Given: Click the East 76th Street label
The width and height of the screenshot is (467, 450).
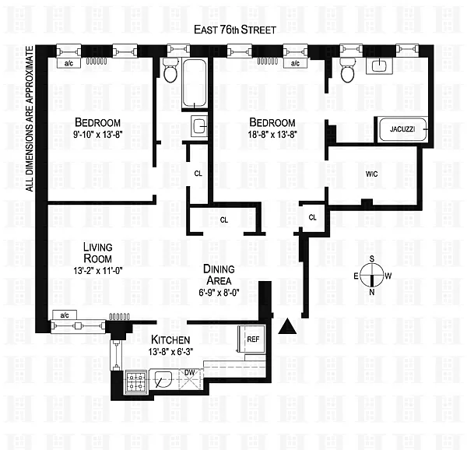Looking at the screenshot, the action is click(x=235, y=30).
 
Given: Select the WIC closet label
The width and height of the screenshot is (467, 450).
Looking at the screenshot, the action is click(x=372, y=174).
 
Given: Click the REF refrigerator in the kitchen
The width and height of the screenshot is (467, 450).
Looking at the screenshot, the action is click(x=251, y=339).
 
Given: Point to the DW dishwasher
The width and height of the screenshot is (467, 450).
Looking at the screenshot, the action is click(x=191, y=379).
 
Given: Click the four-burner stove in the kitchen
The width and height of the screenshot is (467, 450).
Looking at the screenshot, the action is click(x=135, y=381).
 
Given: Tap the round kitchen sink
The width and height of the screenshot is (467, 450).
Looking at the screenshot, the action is click(x=163, y=379).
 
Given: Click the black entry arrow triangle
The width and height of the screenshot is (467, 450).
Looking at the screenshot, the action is click(x=287, y=325).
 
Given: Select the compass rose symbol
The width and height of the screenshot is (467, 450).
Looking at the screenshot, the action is click(x=372, y=276).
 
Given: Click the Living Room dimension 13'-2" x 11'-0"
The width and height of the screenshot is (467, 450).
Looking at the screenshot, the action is click(x=98, y=271).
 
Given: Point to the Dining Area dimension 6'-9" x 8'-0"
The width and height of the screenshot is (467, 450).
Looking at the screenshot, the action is click(x=219, y=293).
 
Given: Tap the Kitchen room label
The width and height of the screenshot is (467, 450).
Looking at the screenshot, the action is click(x=170, y=339).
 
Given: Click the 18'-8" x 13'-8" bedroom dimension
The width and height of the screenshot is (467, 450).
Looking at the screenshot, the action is click(x=272, y=135).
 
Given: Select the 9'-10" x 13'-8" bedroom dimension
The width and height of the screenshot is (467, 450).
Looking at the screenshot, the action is click(x=98, y=135).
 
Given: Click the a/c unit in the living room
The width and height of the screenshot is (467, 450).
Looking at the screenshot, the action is click(x=65, y=315).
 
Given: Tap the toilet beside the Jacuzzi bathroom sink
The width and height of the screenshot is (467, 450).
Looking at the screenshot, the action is click(x=347, y=70).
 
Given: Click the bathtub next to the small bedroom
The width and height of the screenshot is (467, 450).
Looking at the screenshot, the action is click(x=194, y=83).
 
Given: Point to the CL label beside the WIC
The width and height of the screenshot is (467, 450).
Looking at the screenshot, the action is click(x=312, y=218).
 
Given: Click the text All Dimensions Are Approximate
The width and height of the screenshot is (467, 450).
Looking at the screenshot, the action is click(x=30, y=119).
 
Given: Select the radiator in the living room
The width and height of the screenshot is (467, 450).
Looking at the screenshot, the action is click(x=119, y=317).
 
